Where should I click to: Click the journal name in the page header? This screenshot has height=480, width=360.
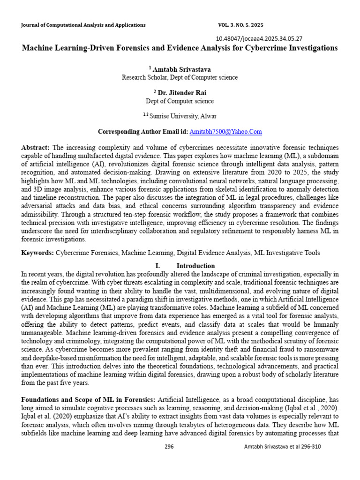coord(83,25)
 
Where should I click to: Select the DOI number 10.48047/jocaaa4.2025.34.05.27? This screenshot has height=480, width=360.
coord(259,39)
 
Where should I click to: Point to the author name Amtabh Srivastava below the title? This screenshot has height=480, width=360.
coord(182,69)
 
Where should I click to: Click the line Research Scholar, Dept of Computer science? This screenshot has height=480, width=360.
coord(180,77)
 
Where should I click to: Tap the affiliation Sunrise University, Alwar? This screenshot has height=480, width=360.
coord(182,116)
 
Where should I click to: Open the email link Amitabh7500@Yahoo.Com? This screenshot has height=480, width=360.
coord(225,132)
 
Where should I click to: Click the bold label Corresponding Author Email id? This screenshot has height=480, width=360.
coord(142,132)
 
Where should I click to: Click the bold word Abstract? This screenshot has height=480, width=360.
coord(36,147)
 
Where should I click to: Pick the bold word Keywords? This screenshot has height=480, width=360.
coord(37,253)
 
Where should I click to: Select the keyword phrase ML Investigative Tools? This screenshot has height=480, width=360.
coord(287,253)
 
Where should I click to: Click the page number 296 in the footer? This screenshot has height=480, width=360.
coord(169,446)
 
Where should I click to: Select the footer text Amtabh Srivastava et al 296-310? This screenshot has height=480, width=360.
coord(282,446)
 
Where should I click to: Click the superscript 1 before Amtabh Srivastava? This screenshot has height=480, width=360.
coord(150,67)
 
